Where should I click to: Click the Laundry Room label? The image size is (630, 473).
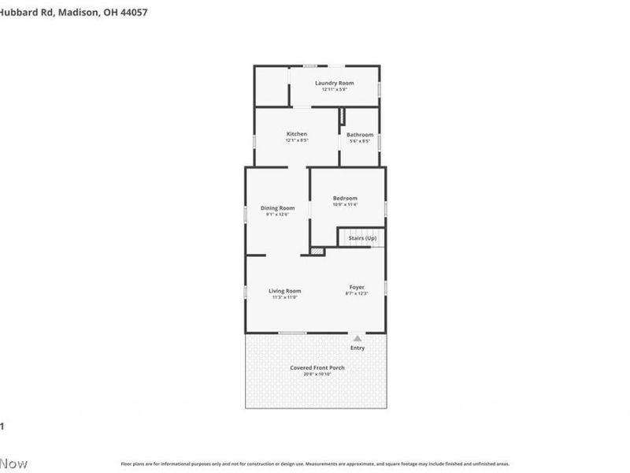coord(334,83)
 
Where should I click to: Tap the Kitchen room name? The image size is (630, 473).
coord(296,134)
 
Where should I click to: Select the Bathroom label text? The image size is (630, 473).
coord(360,135)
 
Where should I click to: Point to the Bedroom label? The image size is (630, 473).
coord(345,198)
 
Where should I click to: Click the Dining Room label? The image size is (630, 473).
coord(277,208)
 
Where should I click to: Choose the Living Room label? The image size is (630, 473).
coord(284,291)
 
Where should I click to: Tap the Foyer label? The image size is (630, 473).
coord(357,287)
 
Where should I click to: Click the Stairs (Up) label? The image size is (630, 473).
coord(362,237)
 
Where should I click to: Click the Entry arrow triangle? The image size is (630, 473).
coord(358,337)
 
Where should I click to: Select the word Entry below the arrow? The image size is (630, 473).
coord(358,348)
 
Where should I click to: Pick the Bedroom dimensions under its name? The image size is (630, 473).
coord(345,205)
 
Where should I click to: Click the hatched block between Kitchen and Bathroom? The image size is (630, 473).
coord(343,116)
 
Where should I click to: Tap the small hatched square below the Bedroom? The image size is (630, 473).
coord(317,251)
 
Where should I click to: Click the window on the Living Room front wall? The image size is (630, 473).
coord(293,333)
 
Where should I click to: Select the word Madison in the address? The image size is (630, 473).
coord(79,13)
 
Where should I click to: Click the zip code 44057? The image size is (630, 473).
coord(131,13)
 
